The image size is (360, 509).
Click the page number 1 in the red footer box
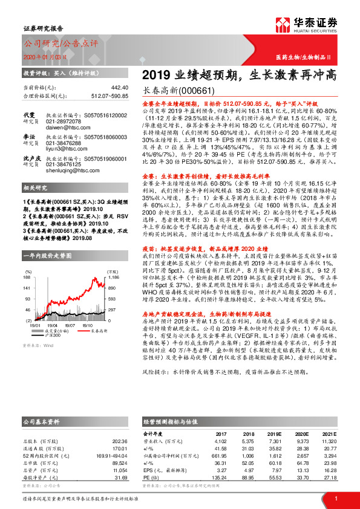point(336,498)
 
